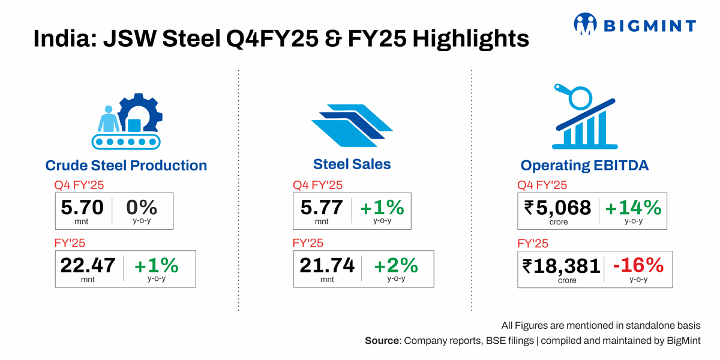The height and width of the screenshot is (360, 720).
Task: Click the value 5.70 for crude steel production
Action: pyautogui.click(x=82, y=208)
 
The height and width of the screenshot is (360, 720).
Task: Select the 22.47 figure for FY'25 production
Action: pyautogui.click(x=88, y=265)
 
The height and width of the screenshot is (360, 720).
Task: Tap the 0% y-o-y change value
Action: pyautogui.click(x=142, y=208)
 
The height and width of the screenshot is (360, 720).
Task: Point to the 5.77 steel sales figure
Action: pyautogui.click(x=322, y=208)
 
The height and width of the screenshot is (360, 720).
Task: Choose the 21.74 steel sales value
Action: pyautogui.click(x=327, y=265)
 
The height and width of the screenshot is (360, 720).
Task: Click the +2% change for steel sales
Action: pyautogui.click(x=396, y=265)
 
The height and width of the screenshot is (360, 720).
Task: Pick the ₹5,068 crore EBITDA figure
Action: pyautogui.click(x=557, y=208)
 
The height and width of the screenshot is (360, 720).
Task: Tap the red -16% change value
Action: pyautogui.click(x=638, y=265)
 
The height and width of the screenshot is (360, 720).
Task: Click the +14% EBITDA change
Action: pyautogui.click(x=633, y=208)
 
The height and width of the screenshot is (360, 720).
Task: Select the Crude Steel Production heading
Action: pyautogui.click(x=126, y=166)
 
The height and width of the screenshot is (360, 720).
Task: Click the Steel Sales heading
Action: pyautogui.click(x=352, y=164)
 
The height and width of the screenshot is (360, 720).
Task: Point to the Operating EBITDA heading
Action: pyautogui.click(x=584, y=166)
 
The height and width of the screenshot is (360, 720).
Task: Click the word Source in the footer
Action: pyautogui.click(x=382, y=341)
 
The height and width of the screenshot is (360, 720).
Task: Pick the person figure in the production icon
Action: pyautogui.click(x=109, y=119)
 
